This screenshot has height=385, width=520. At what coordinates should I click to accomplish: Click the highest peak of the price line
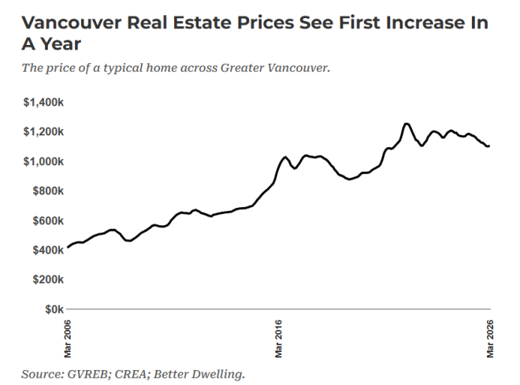pos(406,124)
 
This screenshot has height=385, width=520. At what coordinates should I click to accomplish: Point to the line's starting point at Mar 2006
pos(69,247)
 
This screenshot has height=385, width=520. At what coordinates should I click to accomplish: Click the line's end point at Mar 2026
pos(489,146)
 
